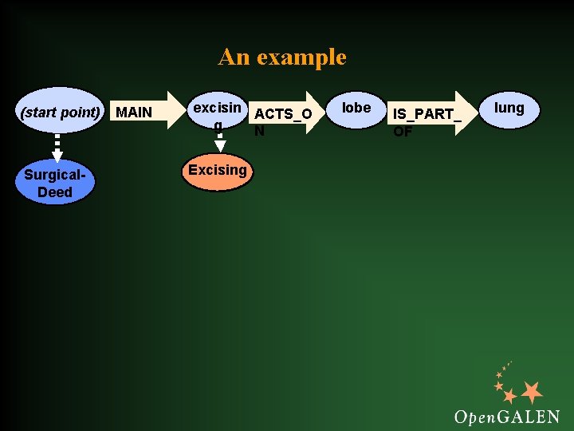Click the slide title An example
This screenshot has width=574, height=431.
(x=282, y=57)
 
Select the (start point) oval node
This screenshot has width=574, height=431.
(x=61, y=112)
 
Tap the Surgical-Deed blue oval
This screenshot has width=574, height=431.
(x=54, y=184)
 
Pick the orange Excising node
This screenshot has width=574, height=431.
(x=217, y=171)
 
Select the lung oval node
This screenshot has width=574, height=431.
(x=509, y=109)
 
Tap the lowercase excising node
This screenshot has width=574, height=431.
(x=217, y=112)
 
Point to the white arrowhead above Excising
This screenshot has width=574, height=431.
(x=221, y=145)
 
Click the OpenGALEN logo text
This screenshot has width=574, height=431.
(x=506, y=416)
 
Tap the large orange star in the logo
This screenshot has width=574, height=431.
(x=531, y=392)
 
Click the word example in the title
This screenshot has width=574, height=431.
(x=301, y=57)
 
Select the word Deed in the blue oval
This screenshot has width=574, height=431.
(x=54, y=192)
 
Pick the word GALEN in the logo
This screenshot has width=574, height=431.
(x=530, y=416)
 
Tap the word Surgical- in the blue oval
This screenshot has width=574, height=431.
(x=54, y=175)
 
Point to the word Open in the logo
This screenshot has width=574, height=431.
(x=476, y=417)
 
